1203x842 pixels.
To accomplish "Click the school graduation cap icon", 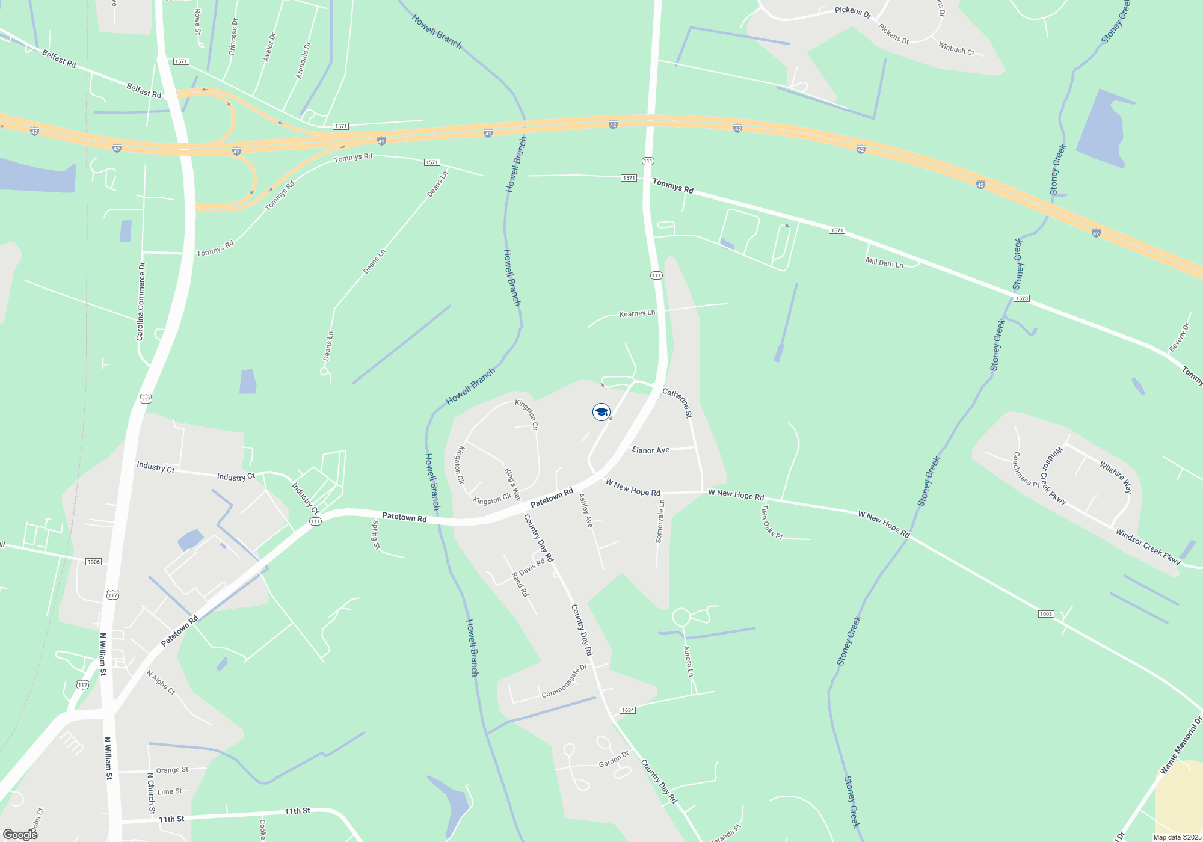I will pyautogui.click(x=601, y=412).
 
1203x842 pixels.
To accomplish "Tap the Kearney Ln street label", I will pyautogui.click(x=637, y=313).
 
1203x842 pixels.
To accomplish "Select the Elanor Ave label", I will pyautogui.click(x=650, y=450).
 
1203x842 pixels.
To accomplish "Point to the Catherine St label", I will pyautogui.click(x=678, y=402).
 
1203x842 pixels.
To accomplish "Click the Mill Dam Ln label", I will pyautogui.click(x=884, y=263).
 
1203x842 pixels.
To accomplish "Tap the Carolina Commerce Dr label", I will pyautogui.click(x=141, y=301).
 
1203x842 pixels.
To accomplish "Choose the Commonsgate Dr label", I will pyautogui.click(x=564, y=682).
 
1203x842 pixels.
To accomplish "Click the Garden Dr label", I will pyautogui.click(x=614, y=760).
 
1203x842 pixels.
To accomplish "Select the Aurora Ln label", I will pyautogui.click(x=689, y=661).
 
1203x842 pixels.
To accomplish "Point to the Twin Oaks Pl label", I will pyautogui.click(x=771, y=521).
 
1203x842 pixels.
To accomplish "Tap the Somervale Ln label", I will pyautogui.click(x=660, y=521).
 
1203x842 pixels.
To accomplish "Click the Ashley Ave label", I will pyautogui.click(x=586, y=511).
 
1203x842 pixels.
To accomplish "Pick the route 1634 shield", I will pyautogui.click(x=627, y=710).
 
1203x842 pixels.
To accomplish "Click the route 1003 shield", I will pyautogui.click(x=1046, y=614).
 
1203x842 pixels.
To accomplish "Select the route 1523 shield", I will pyautogui.click(x=1021, y=298).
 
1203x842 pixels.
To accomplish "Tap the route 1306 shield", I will pyautogui.click(x=93, y=562).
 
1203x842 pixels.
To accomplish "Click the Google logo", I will pyautogui.click(x=20, y=835).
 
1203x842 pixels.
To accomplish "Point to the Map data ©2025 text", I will pyautogui.click(x=1177, y=837).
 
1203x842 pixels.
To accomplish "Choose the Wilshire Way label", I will pyautogui.click(x=1116, y=477).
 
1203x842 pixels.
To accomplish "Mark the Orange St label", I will pyautogui.click(x=172, y=770).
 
